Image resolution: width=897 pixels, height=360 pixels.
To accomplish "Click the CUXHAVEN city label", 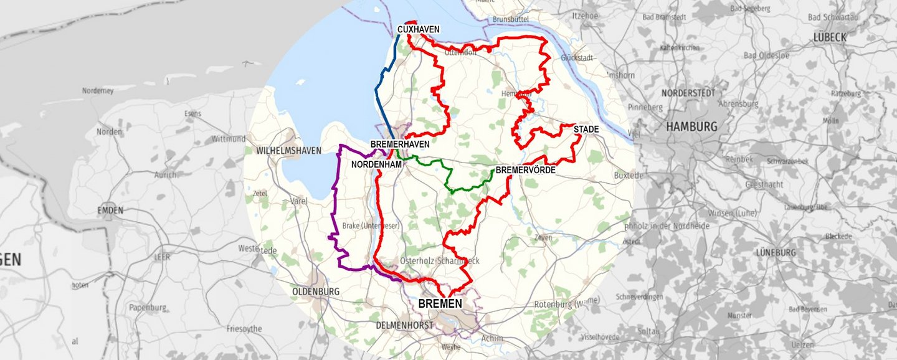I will pyautogui.click(x=419, y=29).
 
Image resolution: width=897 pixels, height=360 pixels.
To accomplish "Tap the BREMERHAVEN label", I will pyautogui.click(x=400, y=144).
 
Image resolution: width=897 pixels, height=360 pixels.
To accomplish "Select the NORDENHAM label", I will pyautogui.click(x=376, y=164).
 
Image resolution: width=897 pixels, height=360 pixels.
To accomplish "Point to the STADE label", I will pyautogui.click(x=586, y=130).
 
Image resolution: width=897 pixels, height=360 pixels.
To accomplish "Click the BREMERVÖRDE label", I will pyautogui.click(x=525, y=169).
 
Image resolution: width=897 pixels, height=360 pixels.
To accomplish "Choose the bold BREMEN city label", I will pyautogui.click(x=440, y=304).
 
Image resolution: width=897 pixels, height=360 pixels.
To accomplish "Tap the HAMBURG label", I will pyautogui.click(x=691, y=126).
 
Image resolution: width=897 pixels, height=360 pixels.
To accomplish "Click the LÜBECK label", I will pyautogui.click(x=830, y=37).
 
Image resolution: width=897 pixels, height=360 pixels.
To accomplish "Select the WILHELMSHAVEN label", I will pyautogui.click(x=288, y=151).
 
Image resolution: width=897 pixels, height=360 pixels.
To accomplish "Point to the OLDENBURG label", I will pyautogui.click(x=315, y=291).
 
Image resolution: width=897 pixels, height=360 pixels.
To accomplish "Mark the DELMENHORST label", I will pyautogui.click(x=404, y=325).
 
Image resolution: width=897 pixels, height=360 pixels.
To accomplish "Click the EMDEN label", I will pyautogui.click(x=110, y=211).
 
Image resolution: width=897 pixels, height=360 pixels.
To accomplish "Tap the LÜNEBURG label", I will pyautogui.click(x=776, y=253).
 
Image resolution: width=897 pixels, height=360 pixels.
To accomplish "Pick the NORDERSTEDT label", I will pyautogui.click(x=687, y=93).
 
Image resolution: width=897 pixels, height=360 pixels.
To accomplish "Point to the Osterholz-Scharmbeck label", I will pyautogui.click(x=440, y=261).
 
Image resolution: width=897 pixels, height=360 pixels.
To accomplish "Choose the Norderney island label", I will pyautogui.click(x=98, y=91).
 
